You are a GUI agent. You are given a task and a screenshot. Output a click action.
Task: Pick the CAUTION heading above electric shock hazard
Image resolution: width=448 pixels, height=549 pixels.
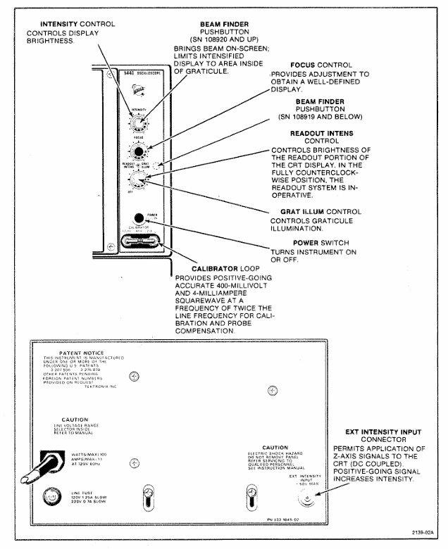pos(275,447)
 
